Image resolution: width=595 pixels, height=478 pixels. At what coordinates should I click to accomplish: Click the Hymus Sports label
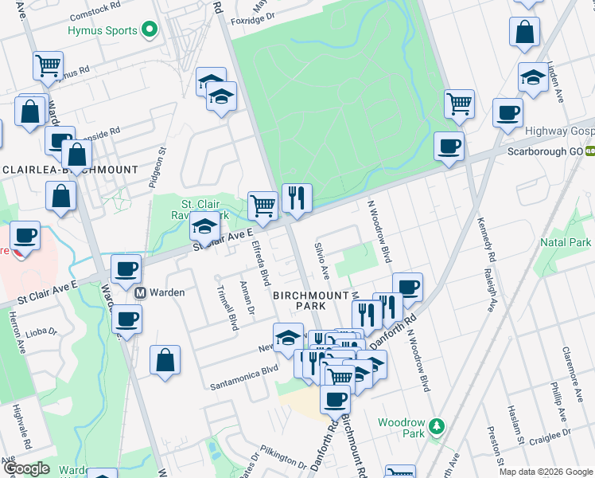(102, 30)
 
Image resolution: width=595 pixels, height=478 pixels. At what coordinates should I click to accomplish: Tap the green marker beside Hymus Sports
(149, 30)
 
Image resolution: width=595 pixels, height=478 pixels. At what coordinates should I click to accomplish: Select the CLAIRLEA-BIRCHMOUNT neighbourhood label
(70, 170)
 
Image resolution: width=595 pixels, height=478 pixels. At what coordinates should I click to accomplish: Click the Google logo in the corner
(25, 468)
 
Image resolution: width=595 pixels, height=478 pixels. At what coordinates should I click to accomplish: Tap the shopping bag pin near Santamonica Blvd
(164, 359)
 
